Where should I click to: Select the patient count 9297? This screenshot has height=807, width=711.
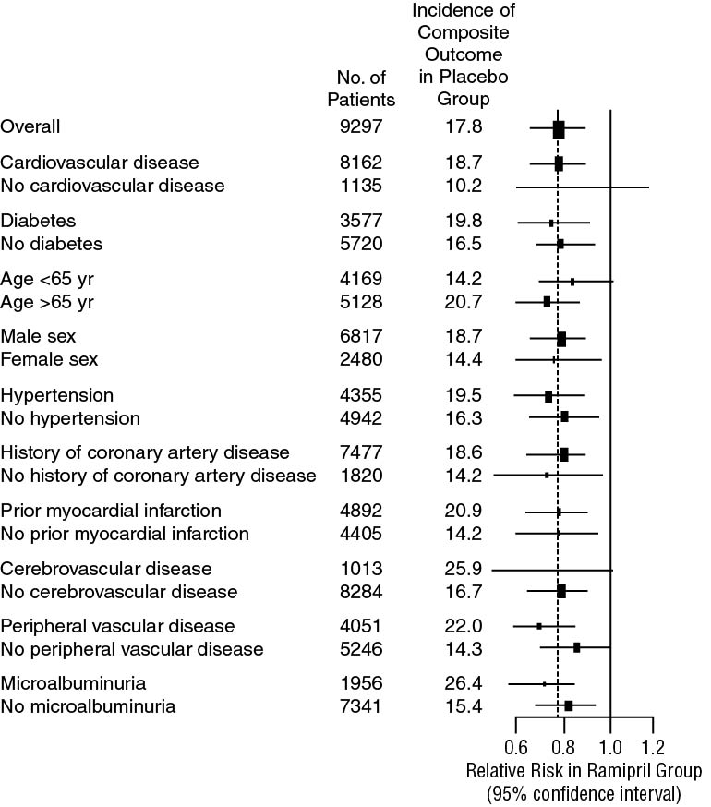click(361, 127)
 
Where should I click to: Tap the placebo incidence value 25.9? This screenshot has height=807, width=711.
click(462, 569)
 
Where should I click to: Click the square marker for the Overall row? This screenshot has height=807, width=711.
click(558, 128)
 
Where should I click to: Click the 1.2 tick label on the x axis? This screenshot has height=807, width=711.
click(652, 745)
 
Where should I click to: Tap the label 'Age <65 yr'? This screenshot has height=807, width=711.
click(47, 280)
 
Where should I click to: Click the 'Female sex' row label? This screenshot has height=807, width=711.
click(50, 359)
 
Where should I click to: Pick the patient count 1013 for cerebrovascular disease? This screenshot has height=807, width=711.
click(361, 569)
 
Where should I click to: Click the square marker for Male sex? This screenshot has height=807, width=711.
click(560, 339)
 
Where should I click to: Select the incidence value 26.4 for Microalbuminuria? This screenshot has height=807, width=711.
click(462, 683)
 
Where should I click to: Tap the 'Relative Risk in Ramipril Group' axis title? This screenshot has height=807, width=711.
click(584, 771)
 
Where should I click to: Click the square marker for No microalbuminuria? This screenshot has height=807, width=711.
click(568, 705)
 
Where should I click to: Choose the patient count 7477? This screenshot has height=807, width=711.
click(361, 452)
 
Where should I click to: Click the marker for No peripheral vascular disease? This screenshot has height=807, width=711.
click(576, 648)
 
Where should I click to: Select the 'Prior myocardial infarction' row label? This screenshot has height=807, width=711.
click(111, 511)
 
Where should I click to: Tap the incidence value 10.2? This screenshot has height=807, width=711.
click(462, 186)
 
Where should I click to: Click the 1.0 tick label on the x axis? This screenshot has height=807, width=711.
click(609, 745)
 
